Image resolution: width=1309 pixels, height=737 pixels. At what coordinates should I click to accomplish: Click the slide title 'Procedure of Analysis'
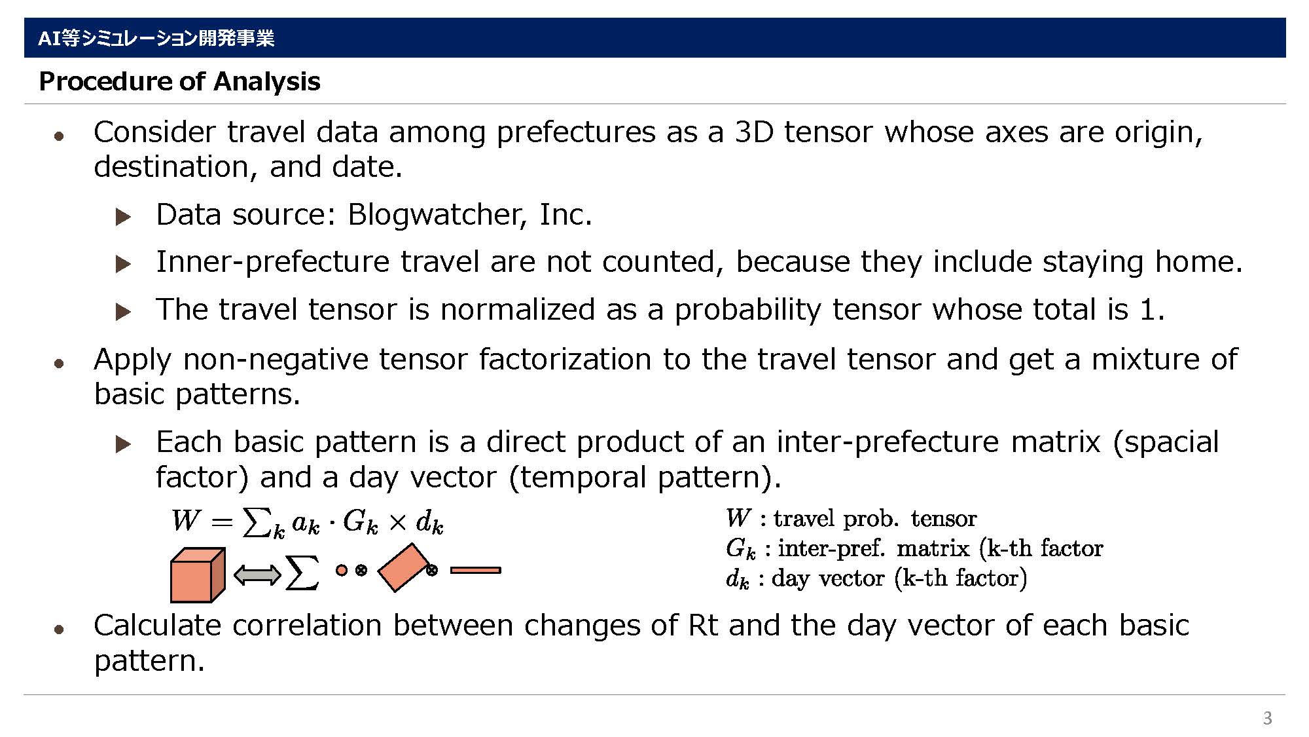179,81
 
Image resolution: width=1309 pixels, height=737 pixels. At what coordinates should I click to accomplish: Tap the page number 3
1267,718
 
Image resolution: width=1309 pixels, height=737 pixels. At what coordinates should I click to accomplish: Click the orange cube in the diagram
198,575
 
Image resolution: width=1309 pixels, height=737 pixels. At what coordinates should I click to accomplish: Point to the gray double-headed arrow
257,576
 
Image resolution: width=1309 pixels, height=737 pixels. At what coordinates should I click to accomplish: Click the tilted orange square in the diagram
404,567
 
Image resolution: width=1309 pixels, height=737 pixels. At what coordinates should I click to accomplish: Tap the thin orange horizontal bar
476,571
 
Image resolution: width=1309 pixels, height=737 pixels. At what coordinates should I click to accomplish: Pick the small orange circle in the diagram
341,570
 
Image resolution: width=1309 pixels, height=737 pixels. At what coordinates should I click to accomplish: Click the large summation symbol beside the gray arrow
302,573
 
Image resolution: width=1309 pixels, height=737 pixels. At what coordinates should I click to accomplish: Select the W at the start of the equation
185,521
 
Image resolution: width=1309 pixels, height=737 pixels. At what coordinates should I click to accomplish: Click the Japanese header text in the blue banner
156,38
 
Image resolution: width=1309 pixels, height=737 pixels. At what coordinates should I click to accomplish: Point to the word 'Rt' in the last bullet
703,625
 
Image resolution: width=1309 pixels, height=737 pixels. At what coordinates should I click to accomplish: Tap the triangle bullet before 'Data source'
123,217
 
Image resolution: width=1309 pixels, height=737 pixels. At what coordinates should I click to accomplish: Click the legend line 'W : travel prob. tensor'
851,518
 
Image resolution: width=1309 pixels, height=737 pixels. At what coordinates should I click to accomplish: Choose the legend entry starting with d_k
876,578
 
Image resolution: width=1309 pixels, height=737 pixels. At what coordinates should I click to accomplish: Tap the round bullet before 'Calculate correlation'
60,629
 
